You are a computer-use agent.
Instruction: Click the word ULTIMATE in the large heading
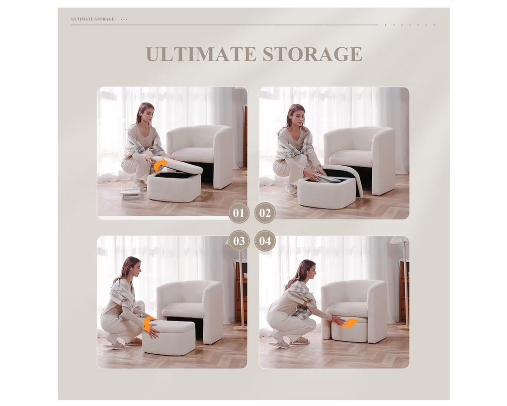pyautogui.click(x=200, y=54)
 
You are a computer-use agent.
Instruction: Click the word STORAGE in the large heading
pyautogui.click(x=312, y=54)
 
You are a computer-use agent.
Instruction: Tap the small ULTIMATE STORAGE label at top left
pyautogui.click(x=93, y=19)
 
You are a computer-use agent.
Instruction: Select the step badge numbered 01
pyautogui.click(x=239, y=213)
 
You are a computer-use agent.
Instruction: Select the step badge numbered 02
pyautogui.click(x=265, y=213)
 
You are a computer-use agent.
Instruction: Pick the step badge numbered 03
pyautogui.click(x=239, y=240)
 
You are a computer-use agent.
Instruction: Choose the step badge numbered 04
pyautogui.click(x=265, y=240)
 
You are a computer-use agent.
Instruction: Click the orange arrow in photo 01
pyautogui.click(x=161, y=165)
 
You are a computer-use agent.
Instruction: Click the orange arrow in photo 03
pyautogui.click(x=150, y=324)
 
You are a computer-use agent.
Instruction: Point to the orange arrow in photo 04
pyautogui.click(x=350, y=324)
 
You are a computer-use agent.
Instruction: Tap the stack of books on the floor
pyautogui.click(x=131, y=193)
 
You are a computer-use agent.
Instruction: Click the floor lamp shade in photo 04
pyautogui.click(x=400, y=241)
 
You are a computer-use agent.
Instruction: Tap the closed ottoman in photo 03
pyautogui.click(x=169, y=337)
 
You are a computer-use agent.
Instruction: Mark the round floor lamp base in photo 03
pyautogui.click(x=240, y=328)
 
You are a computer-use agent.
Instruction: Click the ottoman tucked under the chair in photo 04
pyautogui.click(x=349, y=329)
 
